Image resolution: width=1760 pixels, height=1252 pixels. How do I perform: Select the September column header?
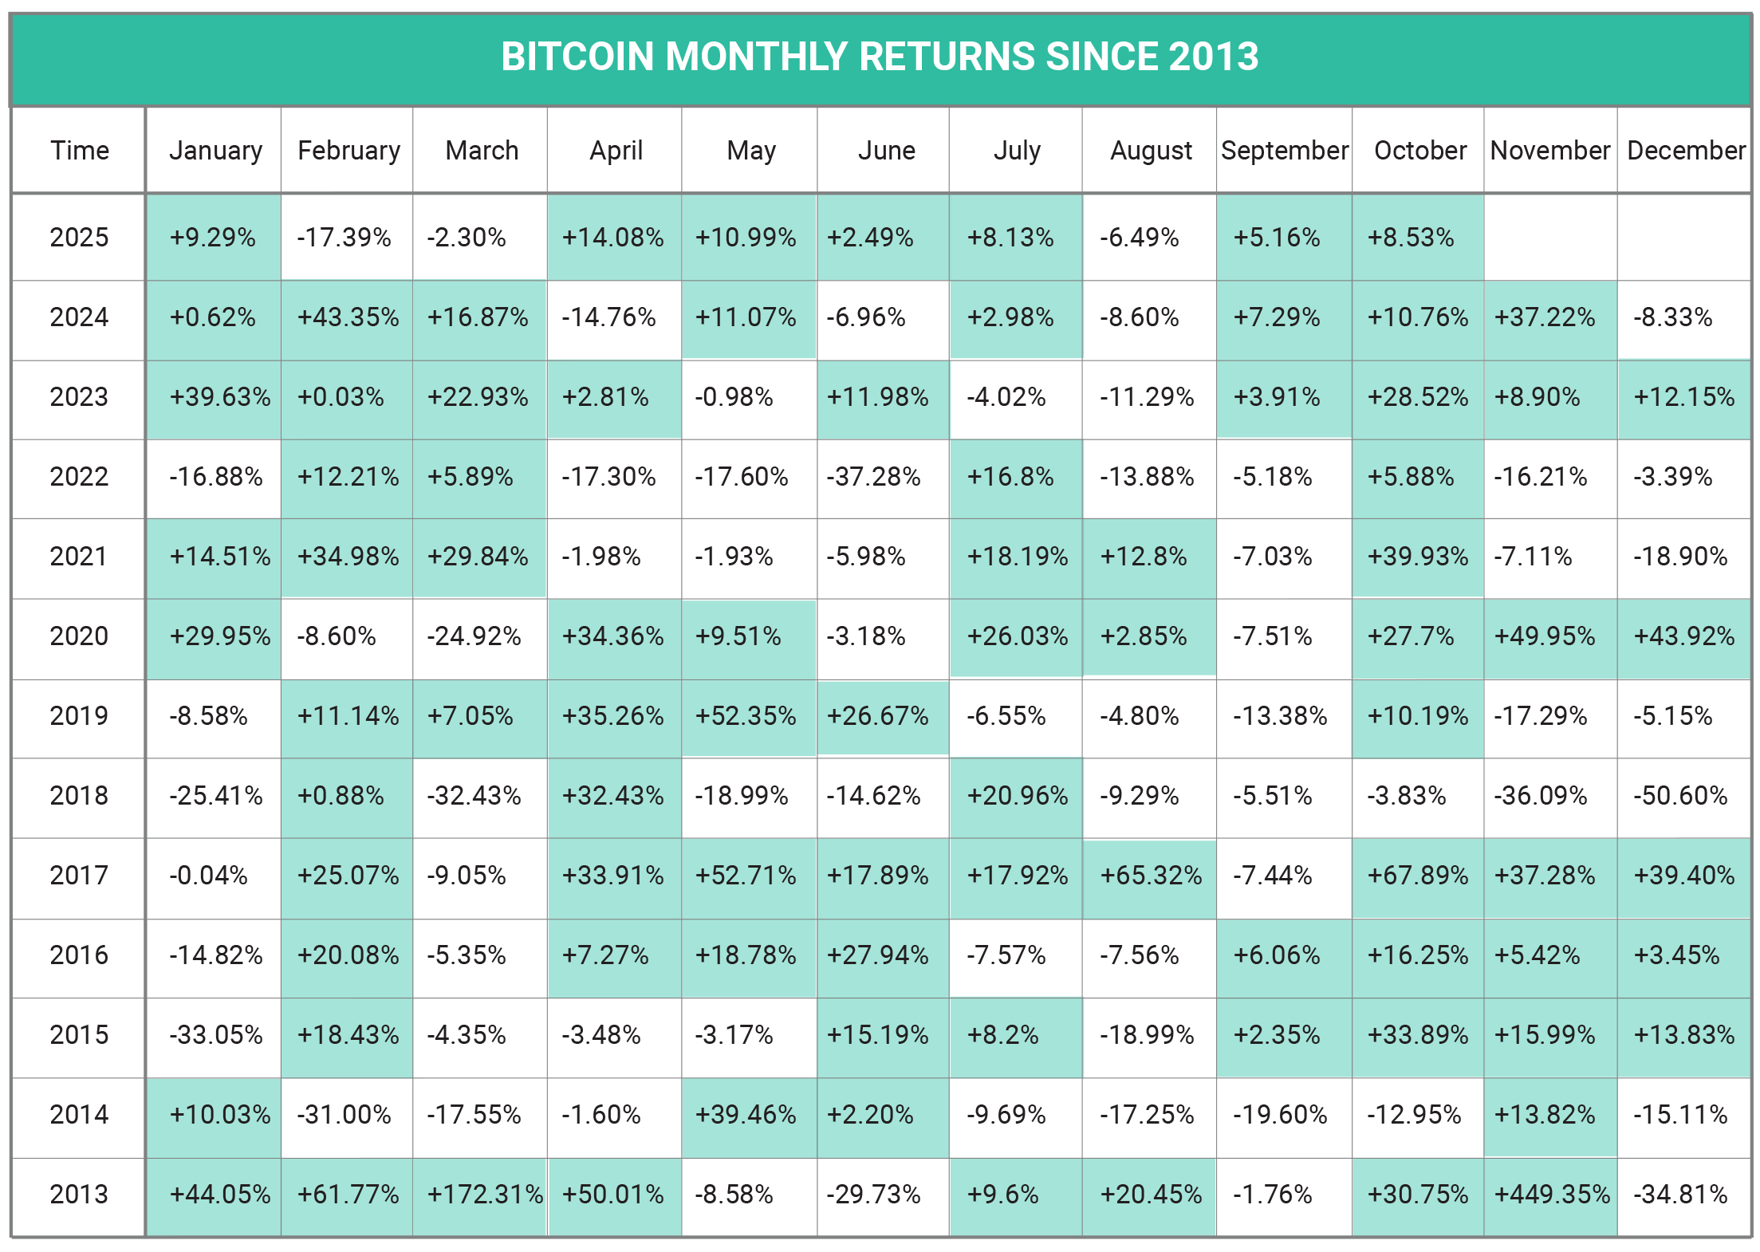tap(1284, 150)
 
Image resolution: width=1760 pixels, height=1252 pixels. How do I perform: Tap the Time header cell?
tap(80, 150)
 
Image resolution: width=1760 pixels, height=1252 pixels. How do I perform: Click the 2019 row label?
tap(79, 715)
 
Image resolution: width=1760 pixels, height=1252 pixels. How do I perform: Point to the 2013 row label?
tap(79, 1194)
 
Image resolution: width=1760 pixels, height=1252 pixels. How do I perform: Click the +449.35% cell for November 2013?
tap(1551, 1194)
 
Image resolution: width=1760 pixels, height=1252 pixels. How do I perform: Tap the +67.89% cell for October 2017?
tap(1417, 875)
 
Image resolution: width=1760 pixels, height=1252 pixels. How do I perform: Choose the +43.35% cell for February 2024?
tap(348, 317)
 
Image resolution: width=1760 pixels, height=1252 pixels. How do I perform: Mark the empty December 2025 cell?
tap(1683, 237)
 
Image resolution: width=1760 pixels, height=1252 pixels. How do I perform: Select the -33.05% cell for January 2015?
tap(215, 1034)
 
